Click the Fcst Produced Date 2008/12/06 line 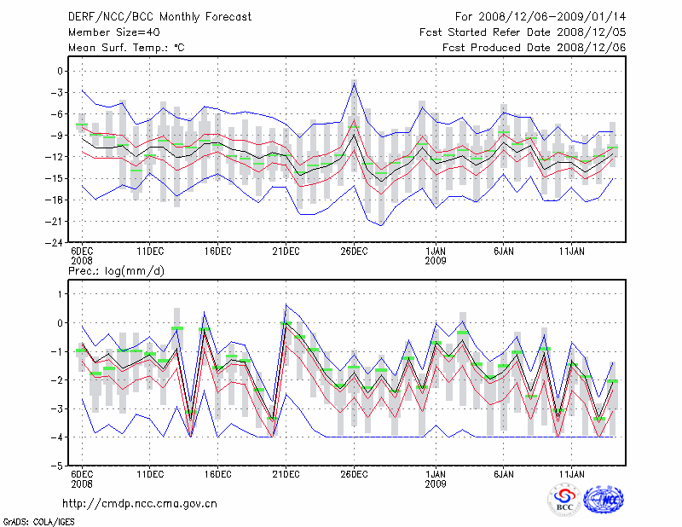click(535, 47)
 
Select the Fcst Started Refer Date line click(523, 32)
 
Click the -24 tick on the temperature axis click(55, 242)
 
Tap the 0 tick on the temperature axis click(61, 72)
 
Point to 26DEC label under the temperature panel click(354, 252)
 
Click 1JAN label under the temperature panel click(436, 252)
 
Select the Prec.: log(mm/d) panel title click(115, 271)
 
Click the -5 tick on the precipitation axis click(58, 466)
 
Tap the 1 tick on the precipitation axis click(61, 294)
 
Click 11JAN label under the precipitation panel click(572, 474)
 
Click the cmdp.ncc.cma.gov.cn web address click(141, 503)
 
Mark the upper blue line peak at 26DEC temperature click(354, 83)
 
